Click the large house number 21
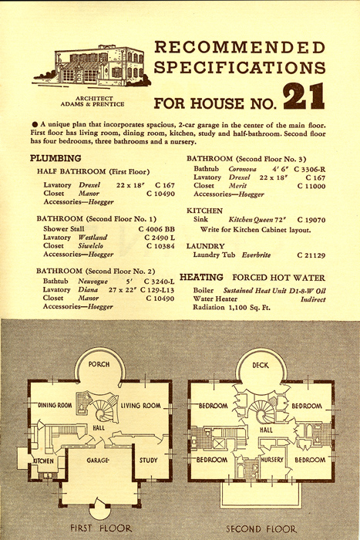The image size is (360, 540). click(x=304, y=96)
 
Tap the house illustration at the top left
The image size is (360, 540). click(x=92, y=66)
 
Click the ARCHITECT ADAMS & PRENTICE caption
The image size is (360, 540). click(x=93, y=101)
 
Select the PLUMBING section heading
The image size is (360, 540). click(x=56, y=158)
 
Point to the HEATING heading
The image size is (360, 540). click(x=201, y=277)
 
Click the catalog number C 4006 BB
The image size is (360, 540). click(x=156, y=229)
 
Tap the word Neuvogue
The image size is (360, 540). click(x=93, y=282)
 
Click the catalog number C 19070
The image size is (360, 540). click(x=311, y=220)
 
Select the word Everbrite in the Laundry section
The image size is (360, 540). click(x=256, y=255)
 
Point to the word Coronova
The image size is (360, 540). click(x=242, y=169)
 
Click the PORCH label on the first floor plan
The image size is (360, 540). click(x=99, y=364)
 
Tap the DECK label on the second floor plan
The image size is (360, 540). click(x=261, y=365)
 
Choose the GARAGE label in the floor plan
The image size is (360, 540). click(x=98, y=460)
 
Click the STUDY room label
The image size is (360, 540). click(x=148, y=460)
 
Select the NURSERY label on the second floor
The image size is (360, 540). click(x=272, y=460)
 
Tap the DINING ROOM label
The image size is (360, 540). click(x=55, y=405)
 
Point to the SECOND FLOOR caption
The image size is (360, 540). click(x=261, y=528)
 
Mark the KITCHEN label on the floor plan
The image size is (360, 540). click(x=44, y=461)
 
